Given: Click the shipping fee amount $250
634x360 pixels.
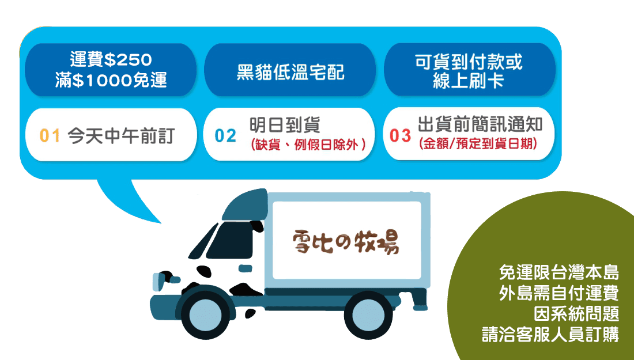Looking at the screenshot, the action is (128, 60).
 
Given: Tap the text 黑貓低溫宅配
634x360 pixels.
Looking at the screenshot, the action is (290, 73).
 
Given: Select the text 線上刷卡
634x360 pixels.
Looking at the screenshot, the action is (468, 80).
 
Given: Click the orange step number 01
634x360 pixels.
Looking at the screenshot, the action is (50, 136).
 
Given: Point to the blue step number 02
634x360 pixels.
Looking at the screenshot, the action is (225, 136).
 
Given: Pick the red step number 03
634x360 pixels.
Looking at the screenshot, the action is (401, 136).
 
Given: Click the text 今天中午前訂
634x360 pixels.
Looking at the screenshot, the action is (121, 136).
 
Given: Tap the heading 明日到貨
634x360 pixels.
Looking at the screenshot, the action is (285, 125).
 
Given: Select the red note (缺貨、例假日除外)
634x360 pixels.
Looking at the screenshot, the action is (308, 145).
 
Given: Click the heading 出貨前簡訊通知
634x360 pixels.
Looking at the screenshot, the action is (480, 124).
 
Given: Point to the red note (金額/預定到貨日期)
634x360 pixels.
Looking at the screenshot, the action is (478, 143).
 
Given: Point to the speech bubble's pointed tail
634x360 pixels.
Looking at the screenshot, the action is (160, 222).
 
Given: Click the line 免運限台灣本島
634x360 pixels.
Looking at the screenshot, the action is (559, 272).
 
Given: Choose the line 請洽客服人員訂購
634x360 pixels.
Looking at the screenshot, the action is (550, 335).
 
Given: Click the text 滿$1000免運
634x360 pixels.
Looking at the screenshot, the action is (111, 79).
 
